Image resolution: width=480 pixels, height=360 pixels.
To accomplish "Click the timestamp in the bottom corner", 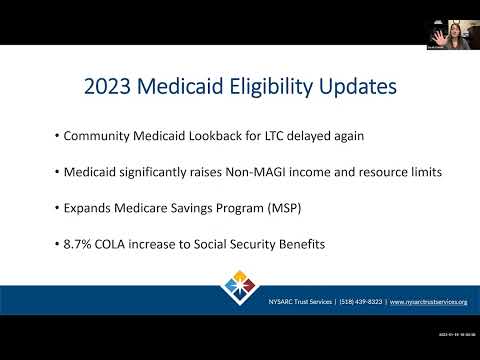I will point(457,334).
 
